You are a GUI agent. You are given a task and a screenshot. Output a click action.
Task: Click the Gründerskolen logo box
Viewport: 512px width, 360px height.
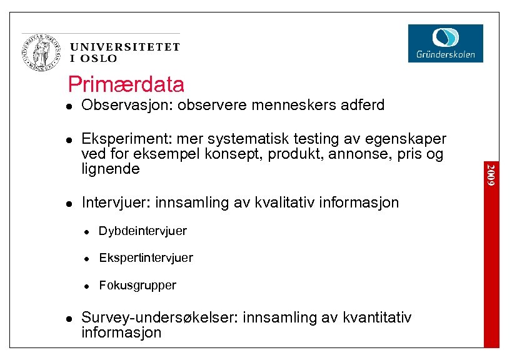pyautogui.click(x=445, y=43)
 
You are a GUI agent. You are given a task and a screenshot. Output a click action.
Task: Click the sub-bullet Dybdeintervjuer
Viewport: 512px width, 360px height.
pyautogui.click(x=143, y=231)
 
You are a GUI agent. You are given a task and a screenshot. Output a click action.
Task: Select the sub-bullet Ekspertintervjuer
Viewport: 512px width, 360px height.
pyautogui.click(x=146, y=257)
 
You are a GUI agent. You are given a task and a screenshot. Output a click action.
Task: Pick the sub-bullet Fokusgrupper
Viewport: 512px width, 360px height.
pyautogui.click(x=138, y=285)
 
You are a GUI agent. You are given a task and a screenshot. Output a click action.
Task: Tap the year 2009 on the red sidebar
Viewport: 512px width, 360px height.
pyautogui.click(x=492, y=174)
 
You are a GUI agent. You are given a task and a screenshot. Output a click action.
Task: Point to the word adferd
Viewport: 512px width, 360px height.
pyautogui.click(x=363, y=106)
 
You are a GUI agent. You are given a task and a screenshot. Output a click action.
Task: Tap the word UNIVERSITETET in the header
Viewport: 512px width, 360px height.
pyautogui.click(x=125, y=47)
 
